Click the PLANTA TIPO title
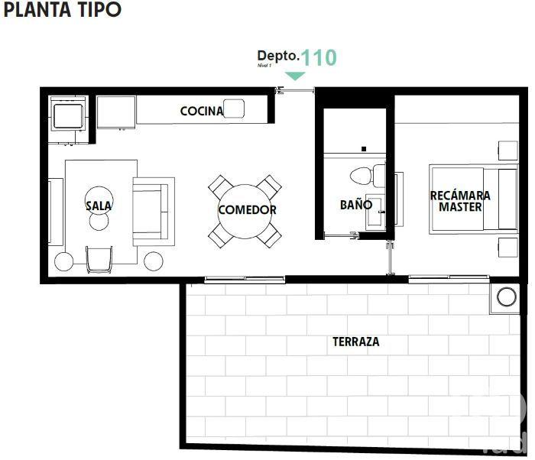pos(63,11)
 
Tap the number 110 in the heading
pos(318,57)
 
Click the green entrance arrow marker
pos(295,76)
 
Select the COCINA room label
pos(202,111)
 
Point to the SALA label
pos(99,206)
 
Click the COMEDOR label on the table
pos(247,209)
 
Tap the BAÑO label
pos(356,205)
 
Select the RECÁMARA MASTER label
pos(460,201)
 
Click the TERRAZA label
pos(355,342)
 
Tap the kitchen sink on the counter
pos(235,110)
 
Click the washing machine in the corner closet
pos(67,117)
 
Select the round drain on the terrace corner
pos(505,296)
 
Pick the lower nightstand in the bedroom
pos(507,248)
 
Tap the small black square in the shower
pos(365,148)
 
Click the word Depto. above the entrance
pos(277,56)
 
